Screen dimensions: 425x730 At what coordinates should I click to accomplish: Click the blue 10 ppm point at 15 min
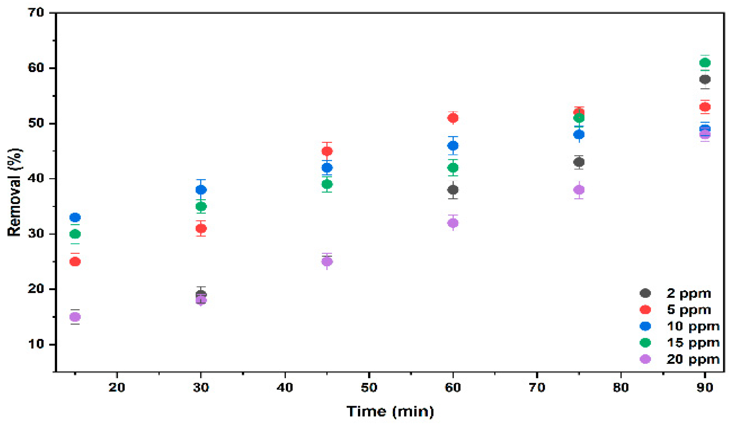(x=75, y=217)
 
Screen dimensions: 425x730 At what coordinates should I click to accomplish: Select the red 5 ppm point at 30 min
(x=201, y=228)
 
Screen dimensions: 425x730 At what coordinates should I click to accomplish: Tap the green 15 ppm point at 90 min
(x=705, y=63)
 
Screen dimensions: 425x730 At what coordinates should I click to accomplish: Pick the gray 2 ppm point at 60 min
(x=453, y=190)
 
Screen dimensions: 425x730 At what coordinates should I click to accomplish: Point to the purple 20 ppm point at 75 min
(x=579, y=190)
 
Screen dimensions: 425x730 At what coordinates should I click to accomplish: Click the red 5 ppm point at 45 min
(x=327, y=151)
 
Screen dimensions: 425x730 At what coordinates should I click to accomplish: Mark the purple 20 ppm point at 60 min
(x=453, y=223)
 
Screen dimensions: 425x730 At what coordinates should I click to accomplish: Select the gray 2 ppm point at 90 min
(x=705, y=79)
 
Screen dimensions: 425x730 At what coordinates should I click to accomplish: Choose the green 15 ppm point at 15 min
(x=75, y=234)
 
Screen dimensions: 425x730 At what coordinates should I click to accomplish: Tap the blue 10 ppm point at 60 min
(x=453, y=146)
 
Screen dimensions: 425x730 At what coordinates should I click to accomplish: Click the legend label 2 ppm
(x=688, y=294)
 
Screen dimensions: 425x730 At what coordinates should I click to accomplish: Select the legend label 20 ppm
(x=693, y=359)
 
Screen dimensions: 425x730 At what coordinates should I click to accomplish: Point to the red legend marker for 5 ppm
(x=645, y=310)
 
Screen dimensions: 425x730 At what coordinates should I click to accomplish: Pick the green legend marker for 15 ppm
(x=645, y=343)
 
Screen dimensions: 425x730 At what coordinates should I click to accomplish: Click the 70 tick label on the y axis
(x=36, y=13)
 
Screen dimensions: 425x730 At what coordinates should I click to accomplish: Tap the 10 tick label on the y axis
(x=36, y=344)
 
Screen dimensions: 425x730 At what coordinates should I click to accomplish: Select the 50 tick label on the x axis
(x=369, y=387)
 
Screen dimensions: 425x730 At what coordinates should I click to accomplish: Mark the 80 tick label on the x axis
(x=621, y=387)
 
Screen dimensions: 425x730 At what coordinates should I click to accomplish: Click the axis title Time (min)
(x=390, y=412)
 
